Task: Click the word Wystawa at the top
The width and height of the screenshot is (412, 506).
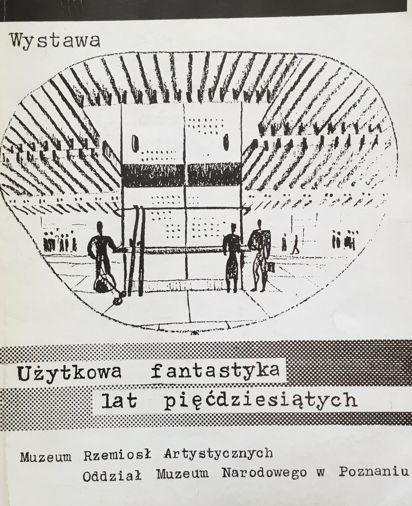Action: [56, 42]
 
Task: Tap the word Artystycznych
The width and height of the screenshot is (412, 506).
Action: [218, 454]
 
